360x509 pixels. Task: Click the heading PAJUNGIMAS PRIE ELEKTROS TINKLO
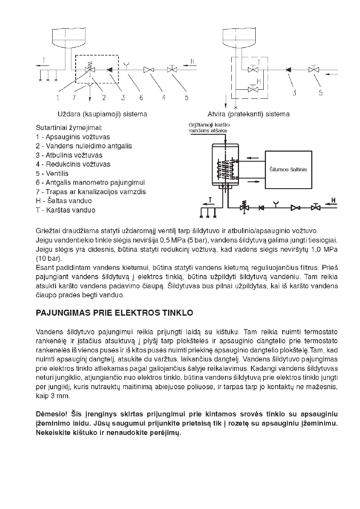point(114,313)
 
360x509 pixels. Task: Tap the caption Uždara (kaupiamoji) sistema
point(102,114)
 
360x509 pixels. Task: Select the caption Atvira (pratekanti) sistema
point(248,114)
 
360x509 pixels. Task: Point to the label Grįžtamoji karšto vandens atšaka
point(209,127)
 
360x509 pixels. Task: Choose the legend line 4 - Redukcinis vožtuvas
point(73,164)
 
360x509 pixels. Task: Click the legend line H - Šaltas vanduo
point(64,201)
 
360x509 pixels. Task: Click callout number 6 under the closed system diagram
point(141,98)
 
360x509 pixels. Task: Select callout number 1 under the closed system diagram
point(57,98)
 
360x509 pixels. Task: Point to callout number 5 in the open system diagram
point(321,93)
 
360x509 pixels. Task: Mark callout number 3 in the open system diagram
point(295,93)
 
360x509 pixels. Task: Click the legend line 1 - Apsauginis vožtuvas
point(73,137)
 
